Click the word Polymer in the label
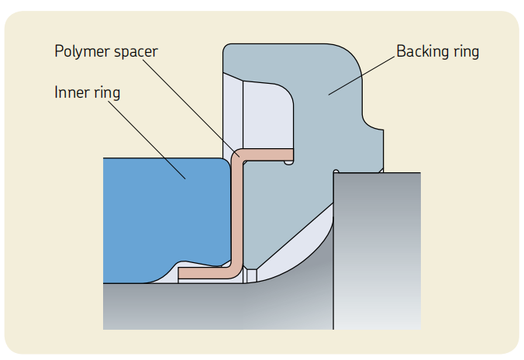pos(79,53)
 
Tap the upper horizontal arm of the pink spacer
pos(267,153)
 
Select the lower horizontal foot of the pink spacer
pos(205,274)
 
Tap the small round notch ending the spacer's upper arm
pos(289,161)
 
